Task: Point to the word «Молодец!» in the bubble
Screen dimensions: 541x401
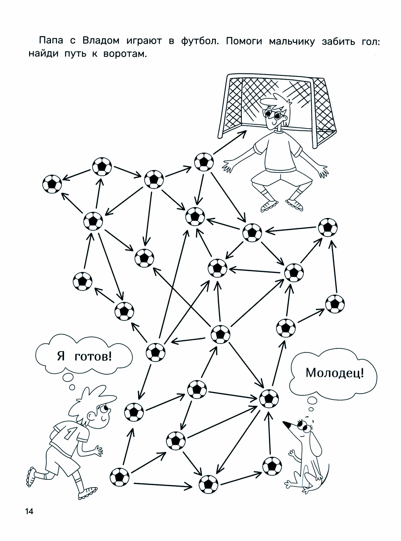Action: click(335, 373)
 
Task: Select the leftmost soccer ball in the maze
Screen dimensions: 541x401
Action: click(52, 184)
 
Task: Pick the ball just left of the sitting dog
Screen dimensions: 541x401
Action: click(272, 466)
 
